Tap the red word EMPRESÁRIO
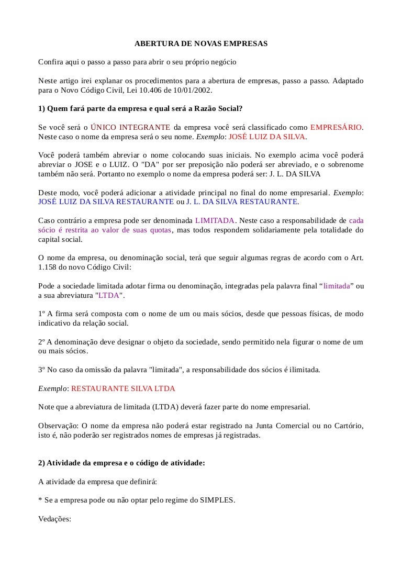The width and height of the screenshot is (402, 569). coord(336,127)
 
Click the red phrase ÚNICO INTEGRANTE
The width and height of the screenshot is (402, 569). coord(130,127)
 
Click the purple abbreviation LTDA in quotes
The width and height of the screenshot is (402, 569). coord(109,295)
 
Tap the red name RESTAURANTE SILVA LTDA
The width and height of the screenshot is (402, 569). coord(123,389)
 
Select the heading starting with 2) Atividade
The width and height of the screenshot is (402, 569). coord(121,463)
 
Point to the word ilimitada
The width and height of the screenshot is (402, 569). coord(301,370)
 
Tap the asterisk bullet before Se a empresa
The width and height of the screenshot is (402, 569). coord(40,500)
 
